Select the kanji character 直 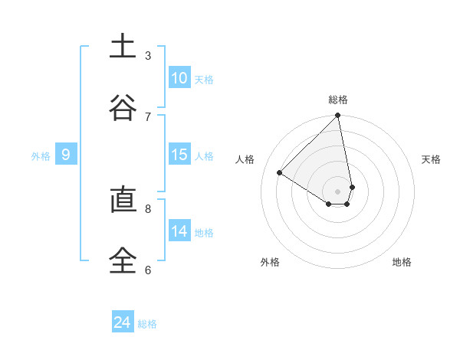[123, 201]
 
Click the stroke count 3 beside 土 [148, 55]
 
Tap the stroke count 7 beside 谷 [148, 116]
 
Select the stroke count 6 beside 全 [148, 270]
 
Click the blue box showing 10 [179, 78]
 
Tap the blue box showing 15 [179, 155]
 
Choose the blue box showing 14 [179, 231]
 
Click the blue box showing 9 [66, 155]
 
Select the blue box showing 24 [123, 322]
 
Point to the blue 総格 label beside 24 [147, 324]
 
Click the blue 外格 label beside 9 [41, 156]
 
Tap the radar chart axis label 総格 [338, 100]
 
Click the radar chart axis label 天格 [431, 159]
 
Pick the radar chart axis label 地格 [402, 262]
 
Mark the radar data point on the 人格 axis [280, 173]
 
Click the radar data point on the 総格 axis [338, 116]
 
